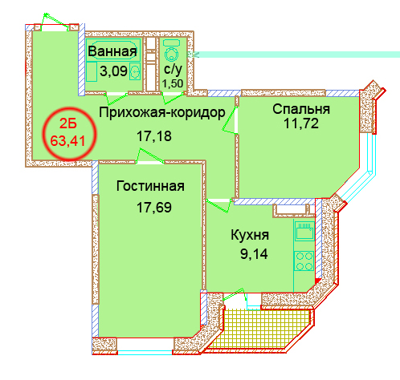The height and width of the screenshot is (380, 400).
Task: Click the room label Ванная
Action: coord(112,51)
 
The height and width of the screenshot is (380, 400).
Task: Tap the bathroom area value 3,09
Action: coord(113,71)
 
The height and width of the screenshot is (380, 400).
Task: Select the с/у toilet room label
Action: coord(173,69)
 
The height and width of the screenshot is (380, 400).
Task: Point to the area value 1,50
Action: coord(173,83)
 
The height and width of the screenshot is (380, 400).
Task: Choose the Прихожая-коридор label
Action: coord(162,112)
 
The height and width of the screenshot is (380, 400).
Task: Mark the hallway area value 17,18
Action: coord(154,135)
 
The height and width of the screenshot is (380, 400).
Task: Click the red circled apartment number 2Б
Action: coord(68,123)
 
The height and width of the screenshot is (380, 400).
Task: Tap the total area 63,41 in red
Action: coord(68,140)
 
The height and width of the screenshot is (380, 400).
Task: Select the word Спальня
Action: coord(301,109)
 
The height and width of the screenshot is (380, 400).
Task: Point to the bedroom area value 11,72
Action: coord(301,123)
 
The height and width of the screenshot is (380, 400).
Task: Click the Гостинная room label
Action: coord(150,186)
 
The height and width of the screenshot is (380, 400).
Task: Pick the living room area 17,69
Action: coord(154,208)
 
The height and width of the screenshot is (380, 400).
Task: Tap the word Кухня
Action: coord(250,235)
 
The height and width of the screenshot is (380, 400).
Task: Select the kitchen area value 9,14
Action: coord(254,254)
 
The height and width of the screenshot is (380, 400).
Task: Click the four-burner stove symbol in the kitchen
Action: coord(304,261)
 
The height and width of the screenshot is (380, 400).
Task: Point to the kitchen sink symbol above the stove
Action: coord(304,231)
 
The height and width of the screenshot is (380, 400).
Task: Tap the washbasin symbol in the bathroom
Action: coord(135,71)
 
